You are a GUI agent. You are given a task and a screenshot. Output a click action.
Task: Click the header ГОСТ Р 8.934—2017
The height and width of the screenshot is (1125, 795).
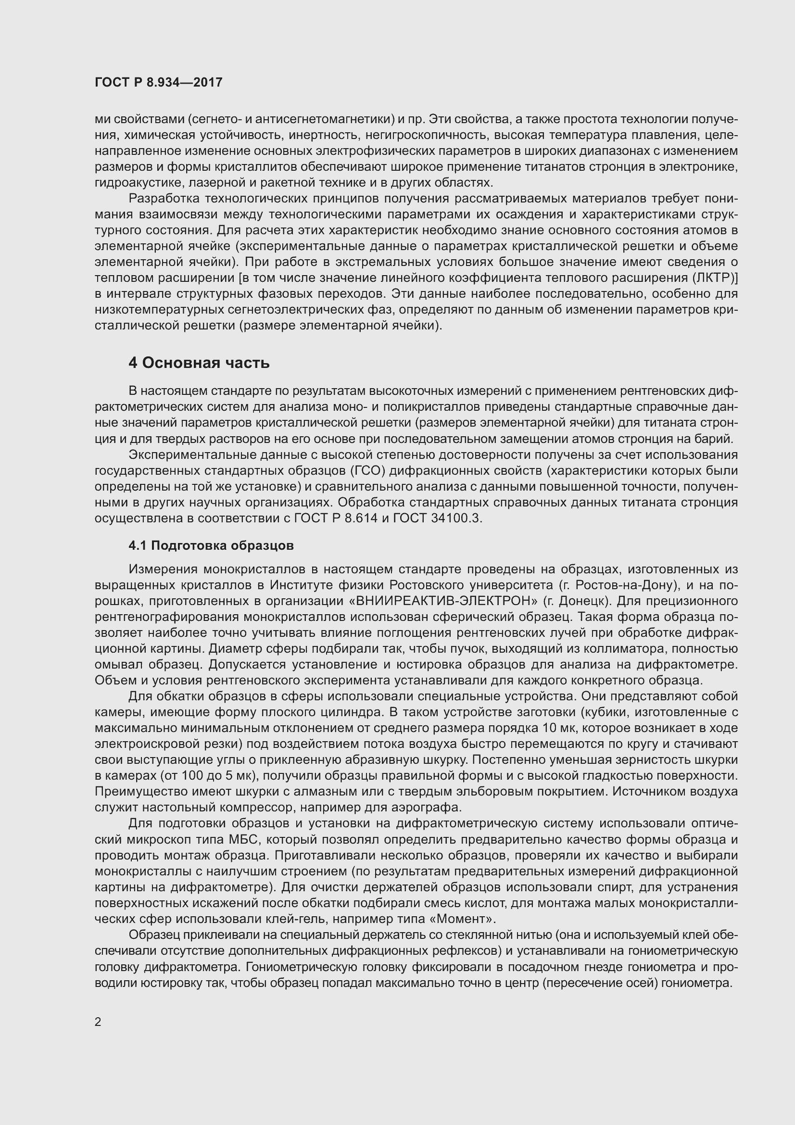click(159, 82)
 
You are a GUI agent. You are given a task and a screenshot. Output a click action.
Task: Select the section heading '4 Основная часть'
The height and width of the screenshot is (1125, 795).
click(199, 363)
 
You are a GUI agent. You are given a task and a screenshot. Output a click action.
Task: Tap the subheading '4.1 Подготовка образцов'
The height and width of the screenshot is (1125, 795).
click(211, 545)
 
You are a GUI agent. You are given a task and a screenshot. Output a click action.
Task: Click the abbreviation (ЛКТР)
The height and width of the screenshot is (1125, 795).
click(715, 278)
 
